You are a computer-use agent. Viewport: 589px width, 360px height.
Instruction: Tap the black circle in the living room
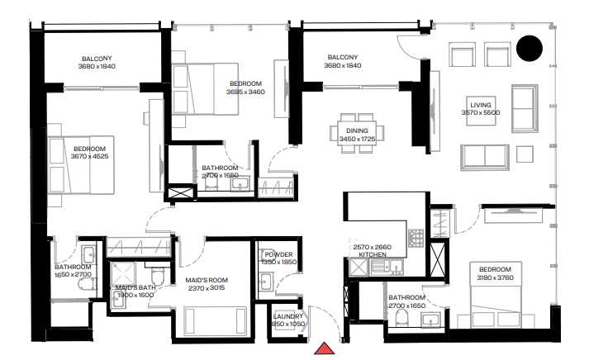pos(530,50)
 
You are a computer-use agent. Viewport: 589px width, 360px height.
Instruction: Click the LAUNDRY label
pos(287,315)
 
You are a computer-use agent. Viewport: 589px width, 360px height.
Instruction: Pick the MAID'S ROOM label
pos(207,281)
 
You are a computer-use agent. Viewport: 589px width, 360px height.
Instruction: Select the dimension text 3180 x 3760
pos(494,277)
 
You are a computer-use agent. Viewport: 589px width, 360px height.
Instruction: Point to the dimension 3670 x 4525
pos(90,156)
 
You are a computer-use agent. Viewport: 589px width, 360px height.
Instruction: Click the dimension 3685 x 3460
pos(245,92)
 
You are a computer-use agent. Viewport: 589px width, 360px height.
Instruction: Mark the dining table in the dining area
pos(357,133)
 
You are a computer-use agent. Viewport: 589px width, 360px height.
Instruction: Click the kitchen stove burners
pos(417,238)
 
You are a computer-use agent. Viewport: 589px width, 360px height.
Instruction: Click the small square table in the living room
pos(525,154)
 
